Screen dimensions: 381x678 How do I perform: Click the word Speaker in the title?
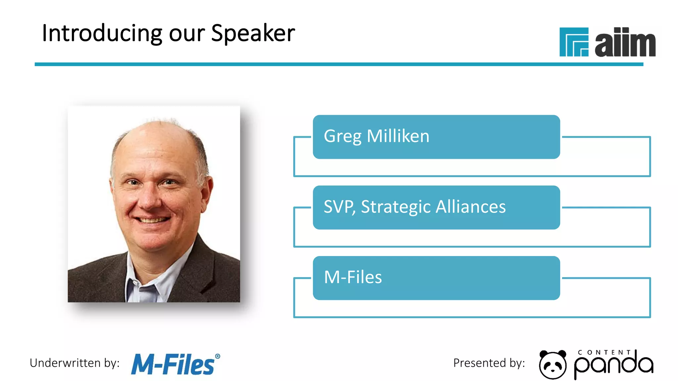253,34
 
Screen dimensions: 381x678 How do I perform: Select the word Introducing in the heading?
102,34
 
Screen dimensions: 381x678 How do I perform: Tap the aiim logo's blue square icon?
574,42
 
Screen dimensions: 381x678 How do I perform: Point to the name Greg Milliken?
376,136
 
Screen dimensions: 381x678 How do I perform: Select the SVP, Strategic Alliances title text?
414,207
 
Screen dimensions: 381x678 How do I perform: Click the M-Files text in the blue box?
353,277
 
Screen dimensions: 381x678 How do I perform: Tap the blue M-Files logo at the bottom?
173,364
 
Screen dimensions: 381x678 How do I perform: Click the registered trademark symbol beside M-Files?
218,356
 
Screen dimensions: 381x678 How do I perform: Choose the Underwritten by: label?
74,363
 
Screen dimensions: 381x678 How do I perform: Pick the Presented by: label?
489,363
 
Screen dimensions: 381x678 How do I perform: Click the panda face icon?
553,364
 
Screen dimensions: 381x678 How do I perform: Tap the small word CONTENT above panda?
604,353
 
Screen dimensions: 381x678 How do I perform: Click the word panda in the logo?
613,365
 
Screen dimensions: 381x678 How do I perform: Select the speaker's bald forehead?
156,146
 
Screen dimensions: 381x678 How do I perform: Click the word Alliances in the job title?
470,207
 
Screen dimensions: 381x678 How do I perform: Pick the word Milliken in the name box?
398,136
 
